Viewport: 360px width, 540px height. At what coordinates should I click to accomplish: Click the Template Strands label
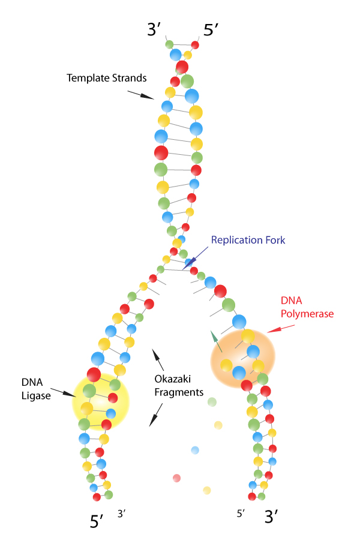107,78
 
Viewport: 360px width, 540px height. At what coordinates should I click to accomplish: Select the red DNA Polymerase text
307,307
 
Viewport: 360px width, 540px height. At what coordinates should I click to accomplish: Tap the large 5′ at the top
212,31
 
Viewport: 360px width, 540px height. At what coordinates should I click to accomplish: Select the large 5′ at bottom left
98,521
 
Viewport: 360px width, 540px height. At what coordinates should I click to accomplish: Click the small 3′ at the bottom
122,513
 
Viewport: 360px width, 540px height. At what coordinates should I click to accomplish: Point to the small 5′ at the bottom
241,513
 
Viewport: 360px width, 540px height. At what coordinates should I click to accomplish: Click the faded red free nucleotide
176,478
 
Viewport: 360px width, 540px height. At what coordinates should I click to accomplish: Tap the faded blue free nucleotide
195,450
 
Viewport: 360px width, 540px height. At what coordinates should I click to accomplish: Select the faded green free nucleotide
211,401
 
